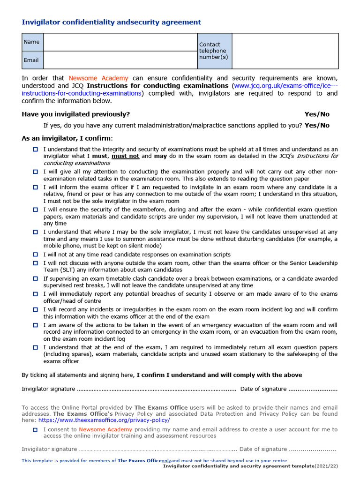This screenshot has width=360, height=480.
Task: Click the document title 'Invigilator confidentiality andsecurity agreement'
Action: (112, 22)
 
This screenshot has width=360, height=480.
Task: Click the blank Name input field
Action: (120, 42)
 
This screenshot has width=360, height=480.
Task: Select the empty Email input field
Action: (120, 60)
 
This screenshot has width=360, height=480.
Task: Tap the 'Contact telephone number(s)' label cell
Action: (214, 51)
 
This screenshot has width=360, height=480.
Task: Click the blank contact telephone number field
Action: (285, 51)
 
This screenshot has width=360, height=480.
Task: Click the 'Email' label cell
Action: (32, 60)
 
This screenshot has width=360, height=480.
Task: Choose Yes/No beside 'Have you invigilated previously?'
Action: (317, 114)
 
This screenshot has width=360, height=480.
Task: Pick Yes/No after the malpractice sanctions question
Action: (317, 126)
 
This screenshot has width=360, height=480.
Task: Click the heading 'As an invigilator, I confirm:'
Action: (67, 138)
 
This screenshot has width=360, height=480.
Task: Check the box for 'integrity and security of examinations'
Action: (35, 149)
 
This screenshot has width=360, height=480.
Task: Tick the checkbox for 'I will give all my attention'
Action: (35, 172)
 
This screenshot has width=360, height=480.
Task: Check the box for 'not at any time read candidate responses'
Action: (35, 255)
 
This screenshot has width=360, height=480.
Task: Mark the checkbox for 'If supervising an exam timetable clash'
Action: (35, 278)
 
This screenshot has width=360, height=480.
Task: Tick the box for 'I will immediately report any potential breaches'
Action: (35, 294)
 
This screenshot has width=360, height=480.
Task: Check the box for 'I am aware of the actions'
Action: (35, 325)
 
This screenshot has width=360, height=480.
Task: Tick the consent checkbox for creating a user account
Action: (35, 429)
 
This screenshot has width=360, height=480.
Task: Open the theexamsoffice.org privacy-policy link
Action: (103, 420)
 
